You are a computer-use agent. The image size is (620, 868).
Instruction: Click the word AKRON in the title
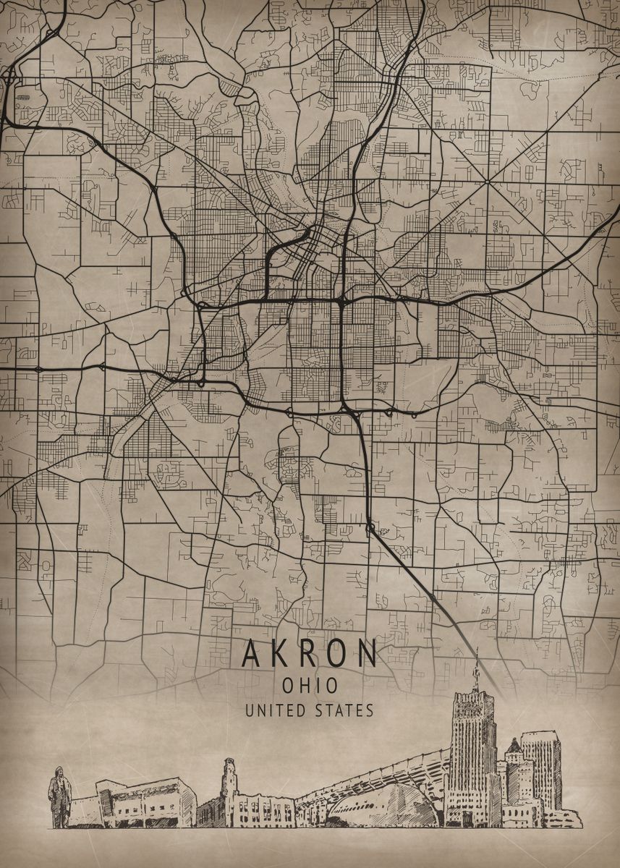309,654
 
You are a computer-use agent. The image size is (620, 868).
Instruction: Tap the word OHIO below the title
310,685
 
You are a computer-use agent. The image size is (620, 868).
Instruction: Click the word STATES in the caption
344,710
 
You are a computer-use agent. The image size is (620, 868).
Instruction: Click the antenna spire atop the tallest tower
476,669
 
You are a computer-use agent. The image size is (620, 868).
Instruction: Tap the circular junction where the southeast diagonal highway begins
370,529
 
